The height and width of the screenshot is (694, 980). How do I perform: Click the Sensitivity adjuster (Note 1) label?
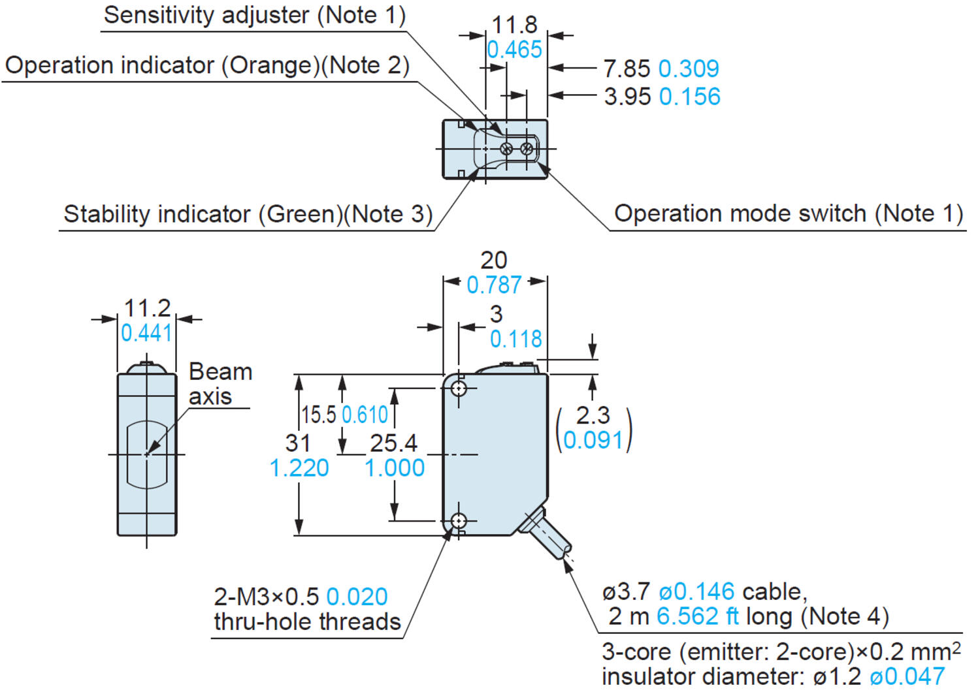[255, 15]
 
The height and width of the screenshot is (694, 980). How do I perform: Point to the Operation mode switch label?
[789, 213]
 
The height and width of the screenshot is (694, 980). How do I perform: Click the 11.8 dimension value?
[514, 25]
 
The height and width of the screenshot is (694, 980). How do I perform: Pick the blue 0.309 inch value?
[689, 69]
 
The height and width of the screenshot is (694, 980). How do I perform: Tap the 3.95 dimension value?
[627, 97]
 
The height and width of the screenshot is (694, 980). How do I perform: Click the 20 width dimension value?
[494, 260]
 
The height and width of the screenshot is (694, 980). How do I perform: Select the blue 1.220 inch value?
[299, 468]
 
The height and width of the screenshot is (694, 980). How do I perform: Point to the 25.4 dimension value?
[393, 443]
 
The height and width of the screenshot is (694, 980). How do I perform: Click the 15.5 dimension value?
[318, 415]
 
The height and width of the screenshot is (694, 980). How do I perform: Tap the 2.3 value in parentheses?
[593, 415]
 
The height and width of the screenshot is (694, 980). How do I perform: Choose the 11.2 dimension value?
[147, 308]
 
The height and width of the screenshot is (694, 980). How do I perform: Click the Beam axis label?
[220, 384]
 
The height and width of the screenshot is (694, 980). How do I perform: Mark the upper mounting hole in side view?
[459, 389]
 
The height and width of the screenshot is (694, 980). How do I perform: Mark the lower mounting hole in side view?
[459, 521]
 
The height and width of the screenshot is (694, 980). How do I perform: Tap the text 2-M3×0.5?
[267, 597]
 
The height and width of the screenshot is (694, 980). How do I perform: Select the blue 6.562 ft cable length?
[698, 616]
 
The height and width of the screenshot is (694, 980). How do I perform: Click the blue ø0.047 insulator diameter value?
[907, 677]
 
